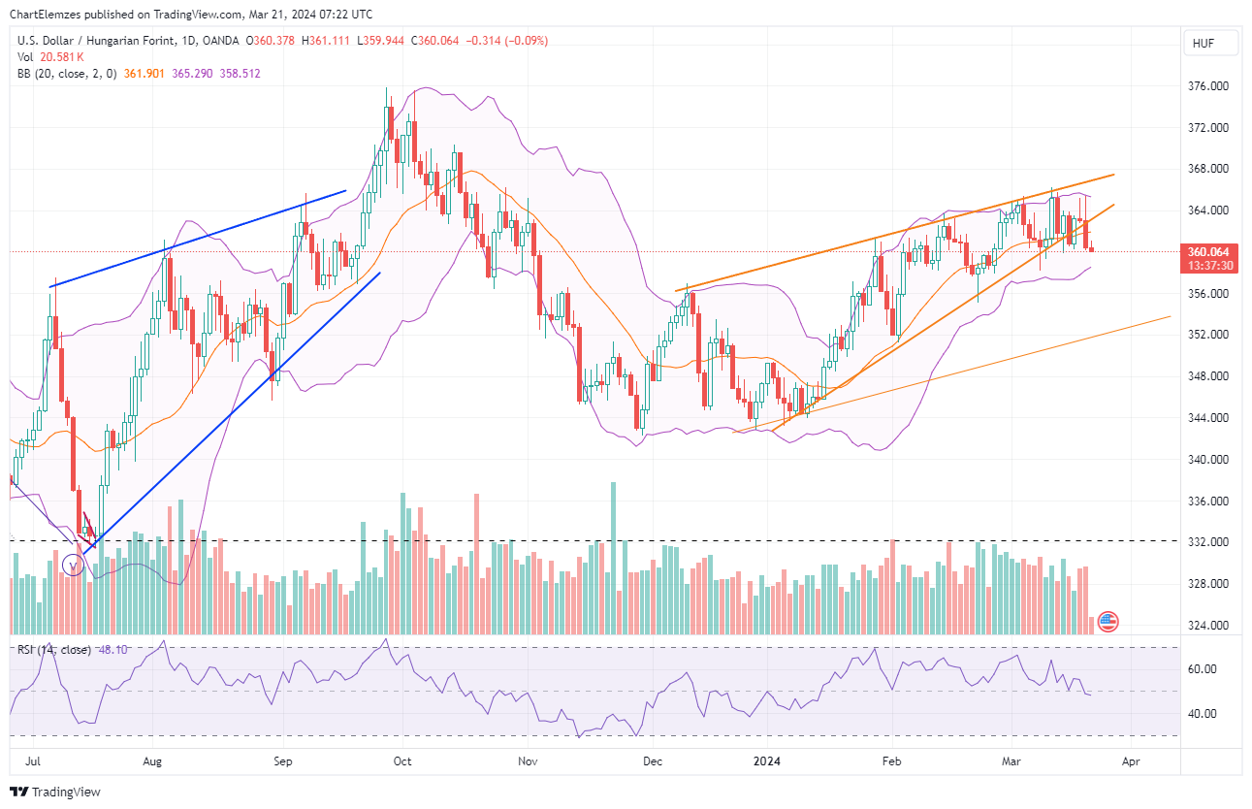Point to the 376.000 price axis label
point(1208,86)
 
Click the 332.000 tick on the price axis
point(1208,542)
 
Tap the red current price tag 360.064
point(1208,251)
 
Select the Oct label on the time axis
point(402,761)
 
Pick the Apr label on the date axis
point(1130,761)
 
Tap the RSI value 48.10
point(113,650)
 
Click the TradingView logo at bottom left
point(55,792)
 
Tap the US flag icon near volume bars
point(1108,621)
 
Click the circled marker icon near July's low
point(73,565)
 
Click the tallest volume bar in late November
point(613,558)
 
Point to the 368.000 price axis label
point(1208,169)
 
